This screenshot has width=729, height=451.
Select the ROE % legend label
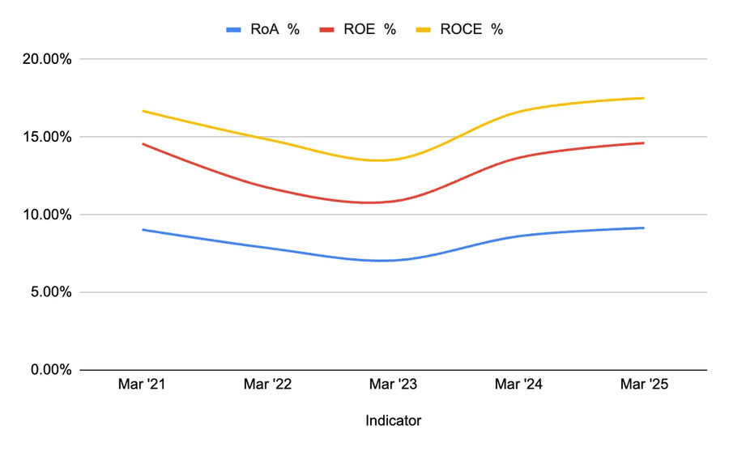point(369,29)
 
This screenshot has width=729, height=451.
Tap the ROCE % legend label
point(471,29)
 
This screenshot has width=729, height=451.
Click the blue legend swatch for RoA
point(234,30)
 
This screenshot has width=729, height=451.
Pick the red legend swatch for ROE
point(328,30)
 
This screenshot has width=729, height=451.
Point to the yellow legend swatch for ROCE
point(424,30)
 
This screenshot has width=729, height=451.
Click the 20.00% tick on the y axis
point(42,59)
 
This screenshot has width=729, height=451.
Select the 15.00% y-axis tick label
point(42,137)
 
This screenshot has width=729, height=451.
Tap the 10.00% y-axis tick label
point(42,215)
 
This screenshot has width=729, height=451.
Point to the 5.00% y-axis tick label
point(45,292)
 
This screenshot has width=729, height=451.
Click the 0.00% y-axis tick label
point(45,370)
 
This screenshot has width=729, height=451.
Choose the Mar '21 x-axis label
point(142,385)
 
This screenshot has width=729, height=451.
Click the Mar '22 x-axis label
point(267,385)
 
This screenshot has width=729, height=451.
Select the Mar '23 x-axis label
point(393,385)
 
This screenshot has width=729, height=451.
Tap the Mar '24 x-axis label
point(518,385)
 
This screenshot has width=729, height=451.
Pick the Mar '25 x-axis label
point(644,385)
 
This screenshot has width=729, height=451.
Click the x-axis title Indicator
point(393,421)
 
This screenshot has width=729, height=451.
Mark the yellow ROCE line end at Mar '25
point(644,98)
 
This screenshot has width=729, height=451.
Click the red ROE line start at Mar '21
point(143,144)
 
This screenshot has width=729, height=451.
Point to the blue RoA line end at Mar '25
point(644,228)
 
